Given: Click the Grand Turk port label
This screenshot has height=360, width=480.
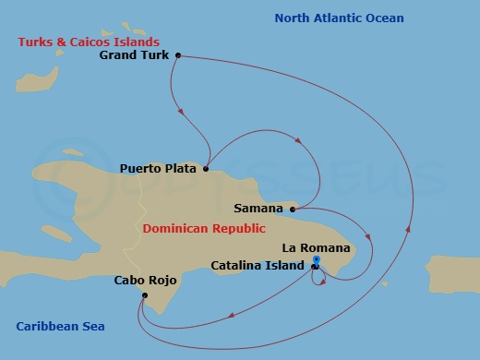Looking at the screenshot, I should coord(135,55).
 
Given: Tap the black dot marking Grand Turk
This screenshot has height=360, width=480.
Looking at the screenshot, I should coord(177,55).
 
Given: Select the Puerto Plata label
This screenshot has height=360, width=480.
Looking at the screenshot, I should coord(159,169).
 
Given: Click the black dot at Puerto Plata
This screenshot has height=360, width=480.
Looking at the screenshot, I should coord(205,169).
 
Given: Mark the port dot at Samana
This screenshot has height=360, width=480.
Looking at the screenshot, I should coord(293,210).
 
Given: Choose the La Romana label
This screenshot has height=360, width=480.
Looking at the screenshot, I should coord(316,247).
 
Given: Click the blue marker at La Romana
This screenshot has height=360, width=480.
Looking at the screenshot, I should coord(316,260).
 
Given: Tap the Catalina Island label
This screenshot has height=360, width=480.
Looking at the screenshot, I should coord(258,266).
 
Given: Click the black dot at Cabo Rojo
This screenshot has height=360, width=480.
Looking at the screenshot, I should coord(144,295).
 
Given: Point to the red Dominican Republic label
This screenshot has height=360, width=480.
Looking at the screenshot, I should coord(204,228).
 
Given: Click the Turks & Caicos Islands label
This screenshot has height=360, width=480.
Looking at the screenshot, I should coord(89,42).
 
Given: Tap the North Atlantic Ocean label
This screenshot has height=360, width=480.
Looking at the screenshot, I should coord(339,18).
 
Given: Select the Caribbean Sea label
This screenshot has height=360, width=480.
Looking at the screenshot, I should coord(61,326).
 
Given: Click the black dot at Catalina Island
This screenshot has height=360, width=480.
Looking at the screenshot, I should coord(314,267).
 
